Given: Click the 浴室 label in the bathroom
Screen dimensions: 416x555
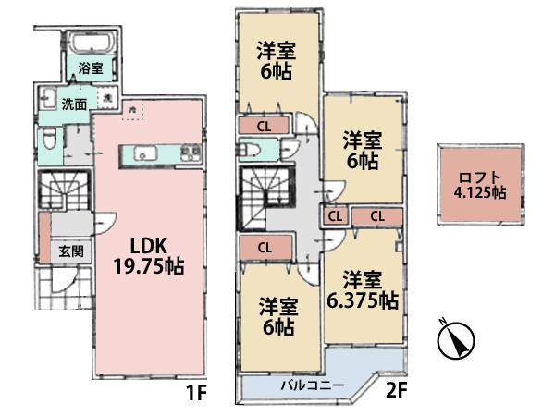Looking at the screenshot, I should click(89, 67).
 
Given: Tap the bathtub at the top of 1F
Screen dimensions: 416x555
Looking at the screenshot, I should click(89, 43).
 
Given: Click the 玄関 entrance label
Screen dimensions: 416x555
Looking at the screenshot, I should click(72, 251).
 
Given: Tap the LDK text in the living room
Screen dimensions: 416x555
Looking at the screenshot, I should click(147, 248).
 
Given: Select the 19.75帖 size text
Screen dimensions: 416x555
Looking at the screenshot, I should click(147, 269).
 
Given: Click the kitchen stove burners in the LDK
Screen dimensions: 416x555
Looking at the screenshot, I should click(191, 153).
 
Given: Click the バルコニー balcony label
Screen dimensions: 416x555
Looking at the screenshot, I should click(314, 386).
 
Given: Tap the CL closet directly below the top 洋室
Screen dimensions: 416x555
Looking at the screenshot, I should click(264, 126).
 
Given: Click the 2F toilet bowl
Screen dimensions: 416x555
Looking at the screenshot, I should click(250, 151).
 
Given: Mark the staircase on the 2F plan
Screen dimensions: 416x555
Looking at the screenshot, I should click(265, 197).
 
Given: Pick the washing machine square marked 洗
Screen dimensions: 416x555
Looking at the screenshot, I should click(108, 98).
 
